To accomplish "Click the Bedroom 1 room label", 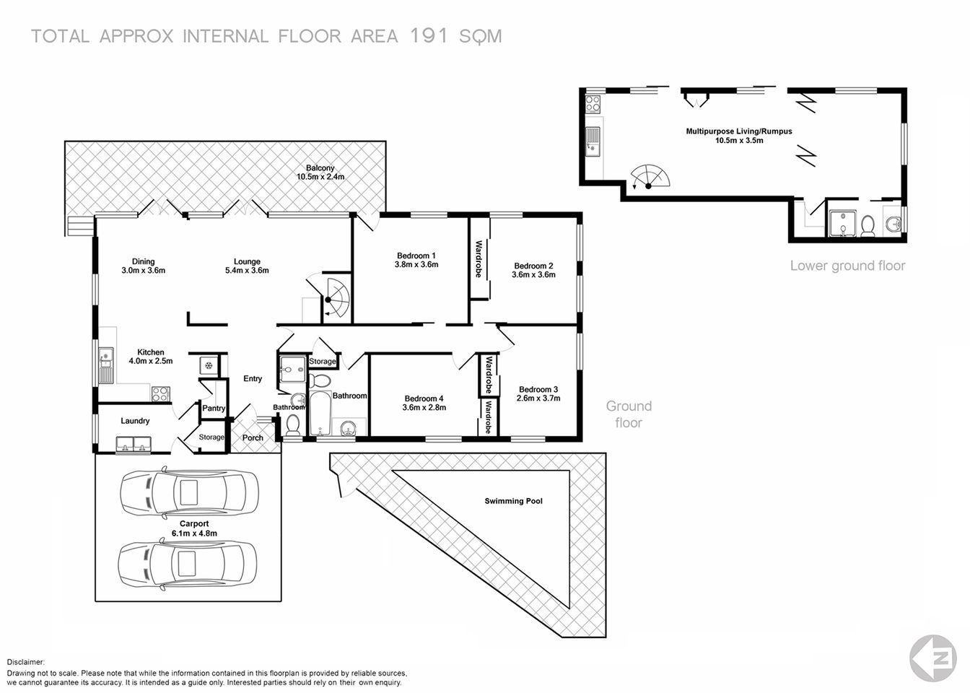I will pyautogui.click(x=416, y=256).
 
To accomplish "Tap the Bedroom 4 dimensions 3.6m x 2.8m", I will pyautogui.click(x=424, y=408).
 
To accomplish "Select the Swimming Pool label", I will pyautogui.click(x=513, y=501).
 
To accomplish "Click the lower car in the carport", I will pyautogui.click(x=188, y=564).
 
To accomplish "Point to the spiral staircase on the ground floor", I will pyautogui.click(x=333, y=297).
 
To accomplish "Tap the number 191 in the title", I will pyautogui.click(x=429, y=36).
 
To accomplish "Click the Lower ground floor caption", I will pyautogui.click(x=847, y=266).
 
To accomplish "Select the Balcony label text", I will pyautogui.click(x=320, y=167).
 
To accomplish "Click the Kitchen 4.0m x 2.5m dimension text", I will pyautogui.click(x=151, y=361).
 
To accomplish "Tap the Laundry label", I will pyautogui.click(x=135, y=421).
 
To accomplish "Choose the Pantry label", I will pyautogui.click(x=214, y=409).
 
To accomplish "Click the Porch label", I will pyautogui.click(x=253, y=437).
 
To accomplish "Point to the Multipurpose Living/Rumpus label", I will pyautogui.click(x=738, y=131).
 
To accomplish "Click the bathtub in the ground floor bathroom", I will pyautogui.click(x=319, y=413).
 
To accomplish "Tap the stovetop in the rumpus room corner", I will pyautogui.click(x=593, y=104).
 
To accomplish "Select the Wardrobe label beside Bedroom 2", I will pyautogui.click(x=479, y=259).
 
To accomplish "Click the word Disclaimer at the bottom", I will pyautogui.click(x=26, y=662).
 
